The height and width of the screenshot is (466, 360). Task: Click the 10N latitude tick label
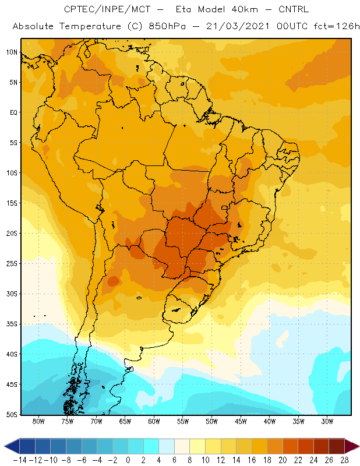click(x=12, y=52)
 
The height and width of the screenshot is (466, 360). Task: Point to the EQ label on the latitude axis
click(x=13, y=112)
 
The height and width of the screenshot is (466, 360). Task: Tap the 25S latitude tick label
click(x=12, y=264)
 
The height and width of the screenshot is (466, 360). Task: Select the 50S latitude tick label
click(x=12, y=415)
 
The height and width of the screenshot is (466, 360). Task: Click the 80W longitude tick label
click(x=38, y=421)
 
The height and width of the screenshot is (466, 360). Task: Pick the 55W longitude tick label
click(x=183, y=421)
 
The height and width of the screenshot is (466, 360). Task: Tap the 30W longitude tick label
click(x=327, y=421)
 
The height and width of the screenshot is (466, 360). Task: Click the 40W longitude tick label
click(x=269, y=421)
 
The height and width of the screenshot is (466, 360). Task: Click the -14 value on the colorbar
click(x=20, y=460)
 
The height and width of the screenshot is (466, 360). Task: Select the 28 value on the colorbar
click(x=344, y=460)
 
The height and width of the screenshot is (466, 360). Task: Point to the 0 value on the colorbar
click(x=128, y=460)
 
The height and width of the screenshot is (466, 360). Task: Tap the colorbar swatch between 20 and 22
click(x=291, y=446)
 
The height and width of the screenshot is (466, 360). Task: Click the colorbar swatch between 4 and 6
click(x=167, y=446)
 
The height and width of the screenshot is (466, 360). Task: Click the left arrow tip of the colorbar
click(x=5, y=446)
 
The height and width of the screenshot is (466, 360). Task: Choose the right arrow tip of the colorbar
click(x=359, y=446)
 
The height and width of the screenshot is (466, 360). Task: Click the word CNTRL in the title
click(x=294, y=9)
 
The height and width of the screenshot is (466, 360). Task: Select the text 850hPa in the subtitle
click(x=167, y=26)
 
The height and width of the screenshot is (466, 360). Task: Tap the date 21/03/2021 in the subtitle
click(x=238, y=26)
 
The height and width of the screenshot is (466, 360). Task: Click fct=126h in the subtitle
click(x=337, y=26)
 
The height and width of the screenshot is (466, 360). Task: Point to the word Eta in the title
click(x=183, y=9)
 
